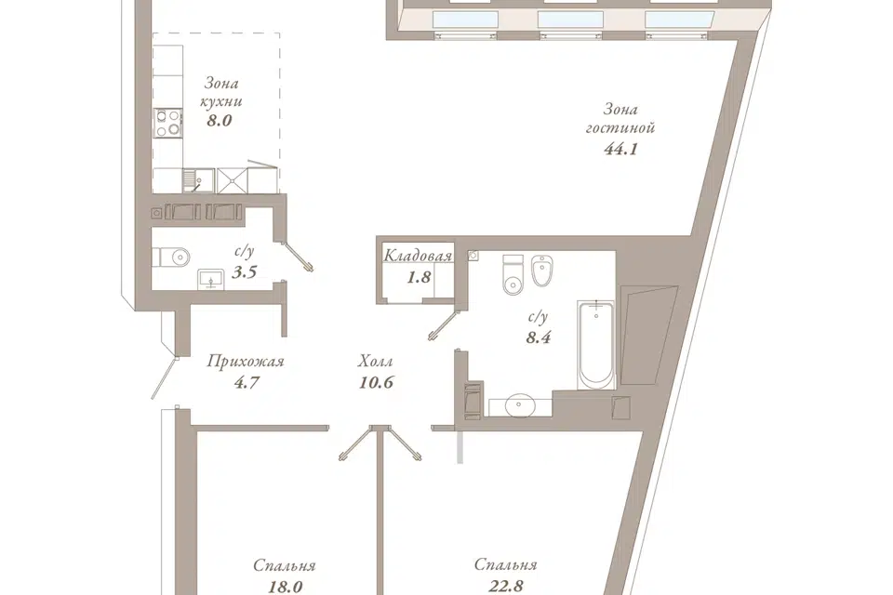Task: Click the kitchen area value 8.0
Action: pyautogui.click(x=219, y=121)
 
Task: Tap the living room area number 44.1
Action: pyautogui.click(x=620, y=149)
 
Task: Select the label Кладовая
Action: pyautogui.click(x=418, y=256)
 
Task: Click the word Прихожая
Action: pyautogui.click(x=246, y=361)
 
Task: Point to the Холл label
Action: pyautogui.click(x=376, y=361)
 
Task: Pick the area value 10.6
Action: pyautogui.click(x=376, y=382)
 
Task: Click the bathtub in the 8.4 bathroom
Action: pyautogui.click(x=595, y=345)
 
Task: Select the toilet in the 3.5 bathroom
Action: pyautogui.click(x=171, y=257)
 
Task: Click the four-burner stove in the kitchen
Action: pyautogui.click(x=167, y=123)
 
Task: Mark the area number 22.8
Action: pyautogui.click(x=506, y=586)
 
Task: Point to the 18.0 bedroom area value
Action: pyautogui.click(x=285, y=587)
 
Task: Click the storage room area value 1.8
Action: pyautogui.click(x=418, y=277)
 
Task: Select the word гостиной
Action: pyautogui.click(x=620, y=127)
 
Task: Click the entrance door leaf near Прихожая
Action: pyautogui.click(x=165, y=377)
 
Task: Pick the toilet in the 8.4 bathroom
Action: pyautogui.click(x=513, y=275)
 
